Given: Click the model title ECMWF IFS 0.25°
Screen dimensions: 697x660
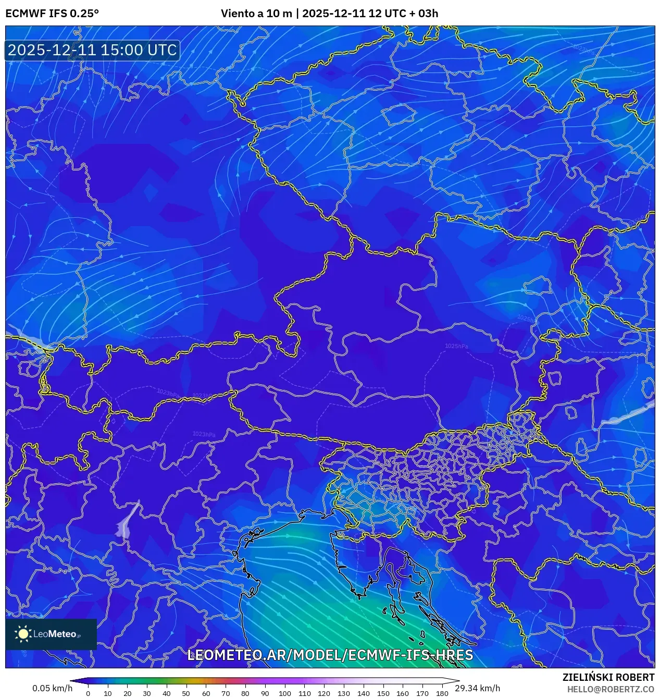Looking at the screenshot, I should tap(52, 14).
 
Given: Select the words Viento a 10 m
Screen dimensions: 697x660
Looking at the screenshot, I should tap(256, 14).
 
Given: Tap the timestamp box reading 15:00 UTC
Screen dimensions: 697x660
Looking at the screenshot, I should tap(92, 50).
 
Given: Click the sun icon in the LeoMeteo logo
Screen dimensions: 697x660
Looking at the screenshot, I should tap(23, 634).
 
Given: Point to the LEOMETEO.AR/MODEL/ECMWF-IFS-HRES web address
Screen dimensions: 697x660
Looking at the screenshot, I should tap(330, 655).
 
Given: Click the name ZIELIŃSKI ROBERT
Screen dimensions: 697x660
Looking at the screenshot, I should tap(608, 677).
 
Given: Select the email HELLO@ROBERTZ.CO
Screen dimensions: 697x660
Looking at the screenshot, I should tap(611, 689).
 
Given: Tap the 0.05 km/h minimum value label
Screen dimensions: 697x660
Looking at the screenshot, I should tap(52, 688).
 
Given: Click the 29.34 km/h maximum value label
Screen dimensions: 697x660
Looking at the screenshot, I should tap(477, 688).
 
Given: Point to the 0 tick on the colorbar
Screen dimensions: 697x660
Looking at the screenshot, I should tap(88, 693).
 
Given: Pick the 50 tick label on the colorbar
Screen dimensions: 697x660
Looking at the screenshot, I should tap(186, 693).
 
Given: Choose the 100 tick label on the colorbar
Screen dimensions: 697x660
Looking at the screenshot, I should tap(284, 693).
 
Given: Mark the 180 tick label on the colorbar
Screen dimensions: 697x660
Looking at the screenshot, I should tap(442, 693).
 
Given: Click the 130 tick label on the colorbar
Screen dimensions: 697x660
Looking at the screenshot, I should tap(343, 693).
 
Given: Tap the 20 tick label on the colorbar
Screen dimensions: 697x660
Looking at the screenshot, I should tap(127, 693).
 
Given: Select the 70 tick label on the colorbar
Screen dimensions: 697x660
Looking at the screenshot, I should tap(226, 693).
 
